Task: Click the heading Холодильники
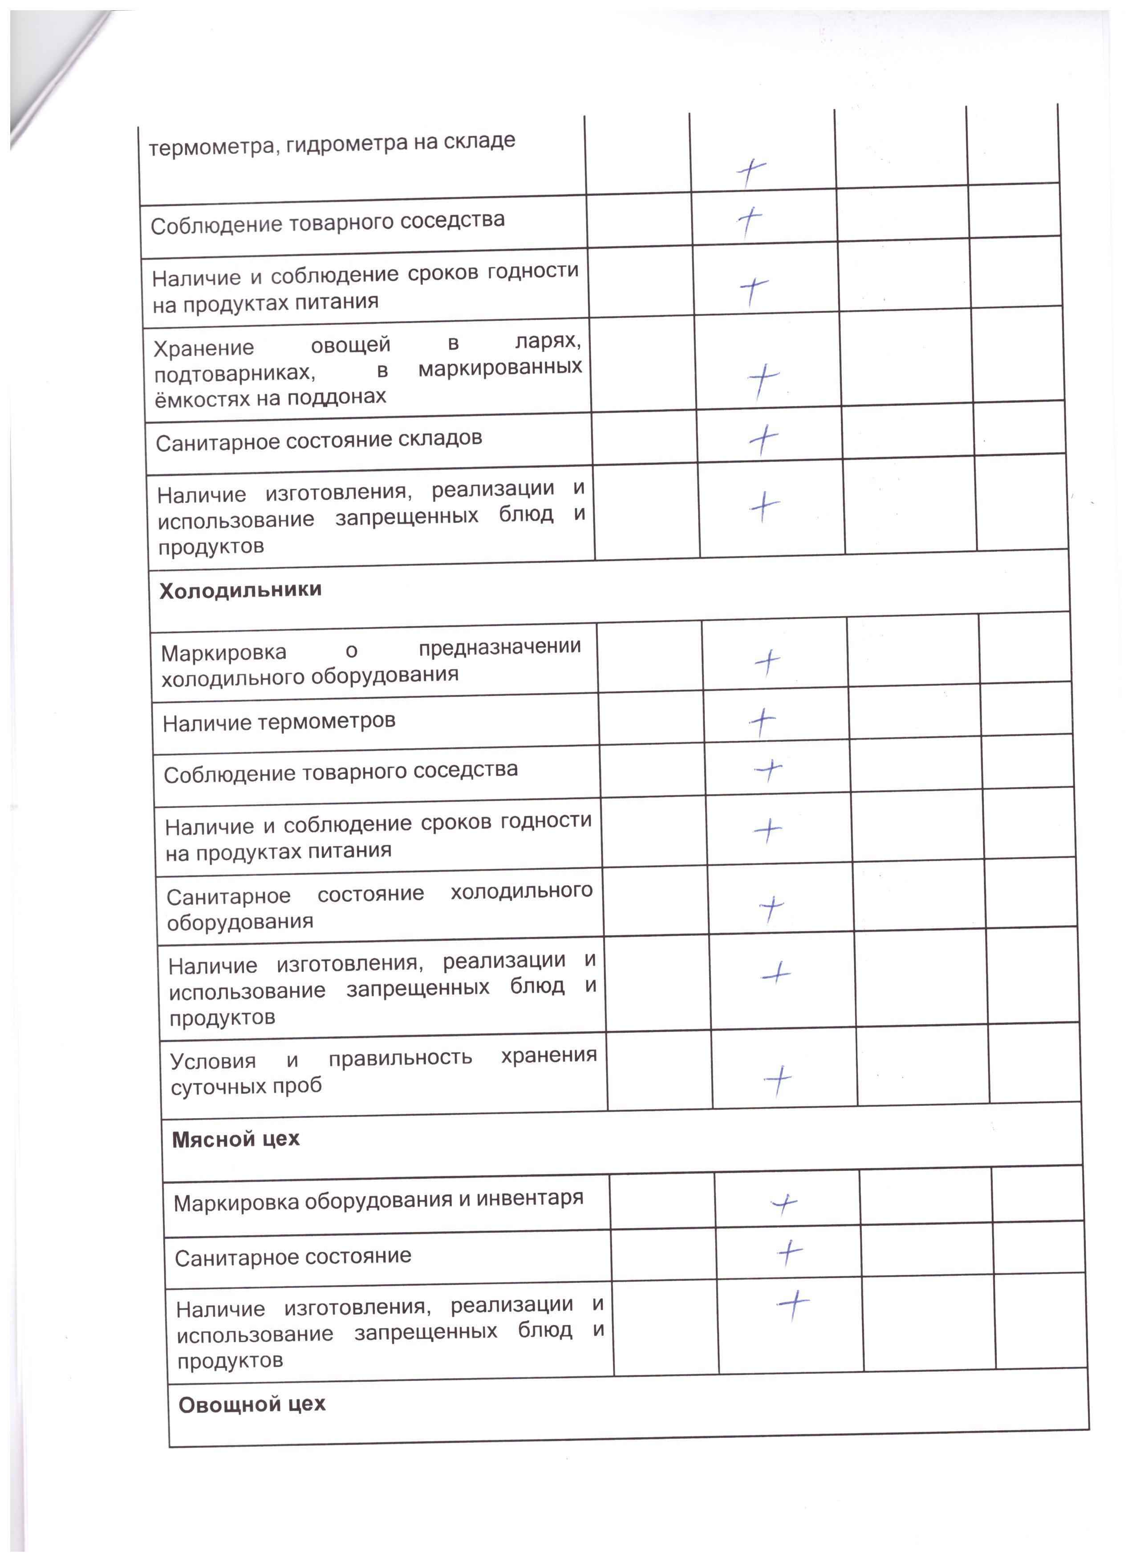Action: click(x=240, y=590)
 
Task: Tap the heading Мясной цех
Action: click(x=235, y=1139)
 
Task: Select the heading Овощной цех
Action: click(x=252, y=1404)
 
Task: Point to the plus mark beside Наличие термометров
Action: click(x=762, y=721)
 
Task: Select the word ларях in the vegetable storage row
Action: click(x=548, y=341)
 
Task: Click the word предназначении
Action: click(x=499, y=647)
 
